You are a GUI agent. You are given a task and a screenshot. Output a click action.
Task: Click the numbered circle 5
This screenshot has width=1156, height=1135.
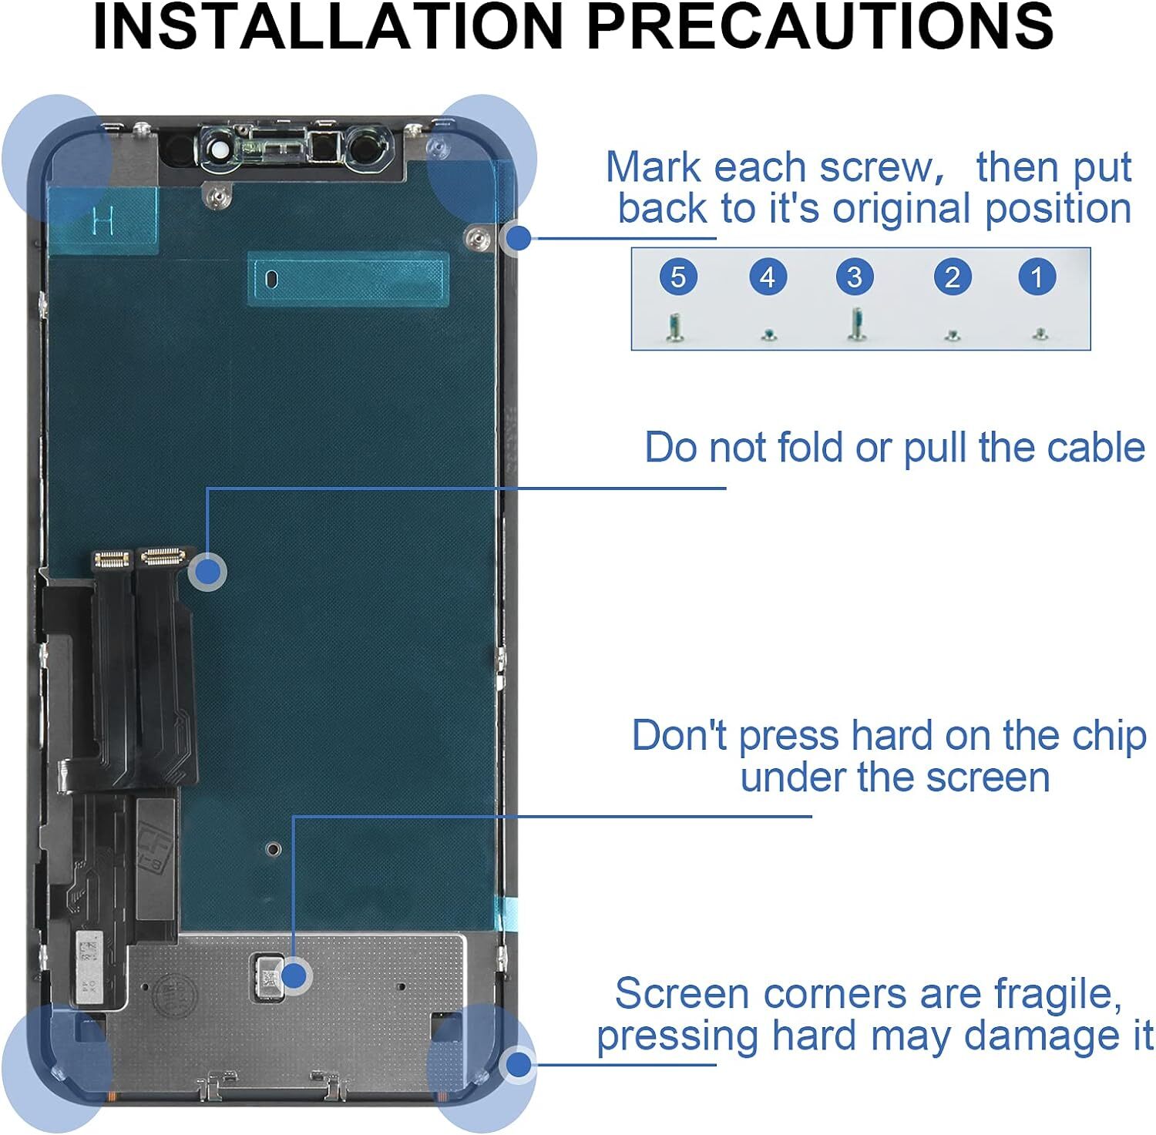[678, 277]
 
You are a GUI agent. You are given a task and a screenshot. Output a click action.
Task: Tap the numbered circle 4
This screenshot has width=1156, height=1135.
[768, 277]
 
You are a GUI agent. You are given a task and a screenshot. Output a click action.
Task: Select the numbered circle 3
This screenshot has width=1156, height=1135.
[854, 277]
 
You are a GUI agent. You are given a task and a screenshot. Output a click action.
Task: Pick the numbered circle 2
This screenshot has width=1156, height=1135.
[953, 277]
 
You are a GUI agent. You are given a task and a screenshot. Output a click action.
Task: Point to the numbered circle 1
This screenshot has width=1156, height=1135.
[1037, 277]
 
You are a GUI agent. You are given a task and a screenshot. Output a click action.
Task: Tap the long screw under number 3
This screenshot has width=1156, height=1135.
[855, 324]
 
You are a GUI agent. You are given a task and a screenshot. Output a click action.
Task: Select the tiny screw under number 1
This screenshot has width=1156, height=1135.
[1040, 334]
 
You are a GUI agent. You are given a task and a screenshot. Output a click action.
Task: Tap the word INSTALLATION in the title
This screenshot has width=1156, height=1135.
[328, 27]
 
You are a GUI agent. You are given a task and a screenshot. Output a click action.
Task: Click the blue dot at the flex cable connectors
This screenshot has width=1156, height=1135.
[207, 572]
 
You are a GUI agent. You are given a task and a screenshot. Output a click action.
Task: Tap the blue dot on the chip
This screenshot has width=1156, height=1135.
[293, 976]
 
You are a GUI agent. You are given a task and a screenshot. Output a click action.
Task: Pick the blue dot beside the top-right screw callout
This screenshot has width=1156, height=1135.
[519, 238]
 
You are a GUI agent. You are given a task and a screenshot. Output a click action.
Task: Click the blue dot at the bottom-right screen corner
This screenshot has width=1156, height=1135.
[519, 1066]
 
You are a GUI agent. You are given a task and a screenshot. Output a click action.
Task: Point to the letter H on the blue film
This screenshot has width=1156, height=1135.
[102, 221]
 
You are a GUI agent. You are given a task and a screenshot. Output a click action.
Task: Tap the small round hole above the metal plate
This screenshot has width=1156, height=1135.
[273, 849]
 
